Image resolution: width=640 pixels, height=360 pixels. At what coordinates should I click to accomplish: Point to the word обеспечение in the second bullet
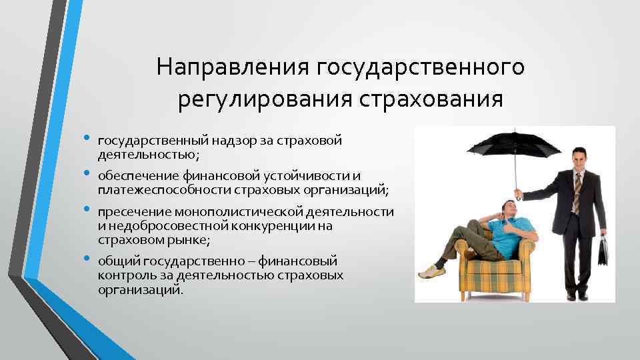click(x=136, y=176)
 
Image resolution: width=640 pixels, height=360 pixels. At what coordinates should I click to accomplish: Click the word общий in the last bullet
click(x=116, y=261)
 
